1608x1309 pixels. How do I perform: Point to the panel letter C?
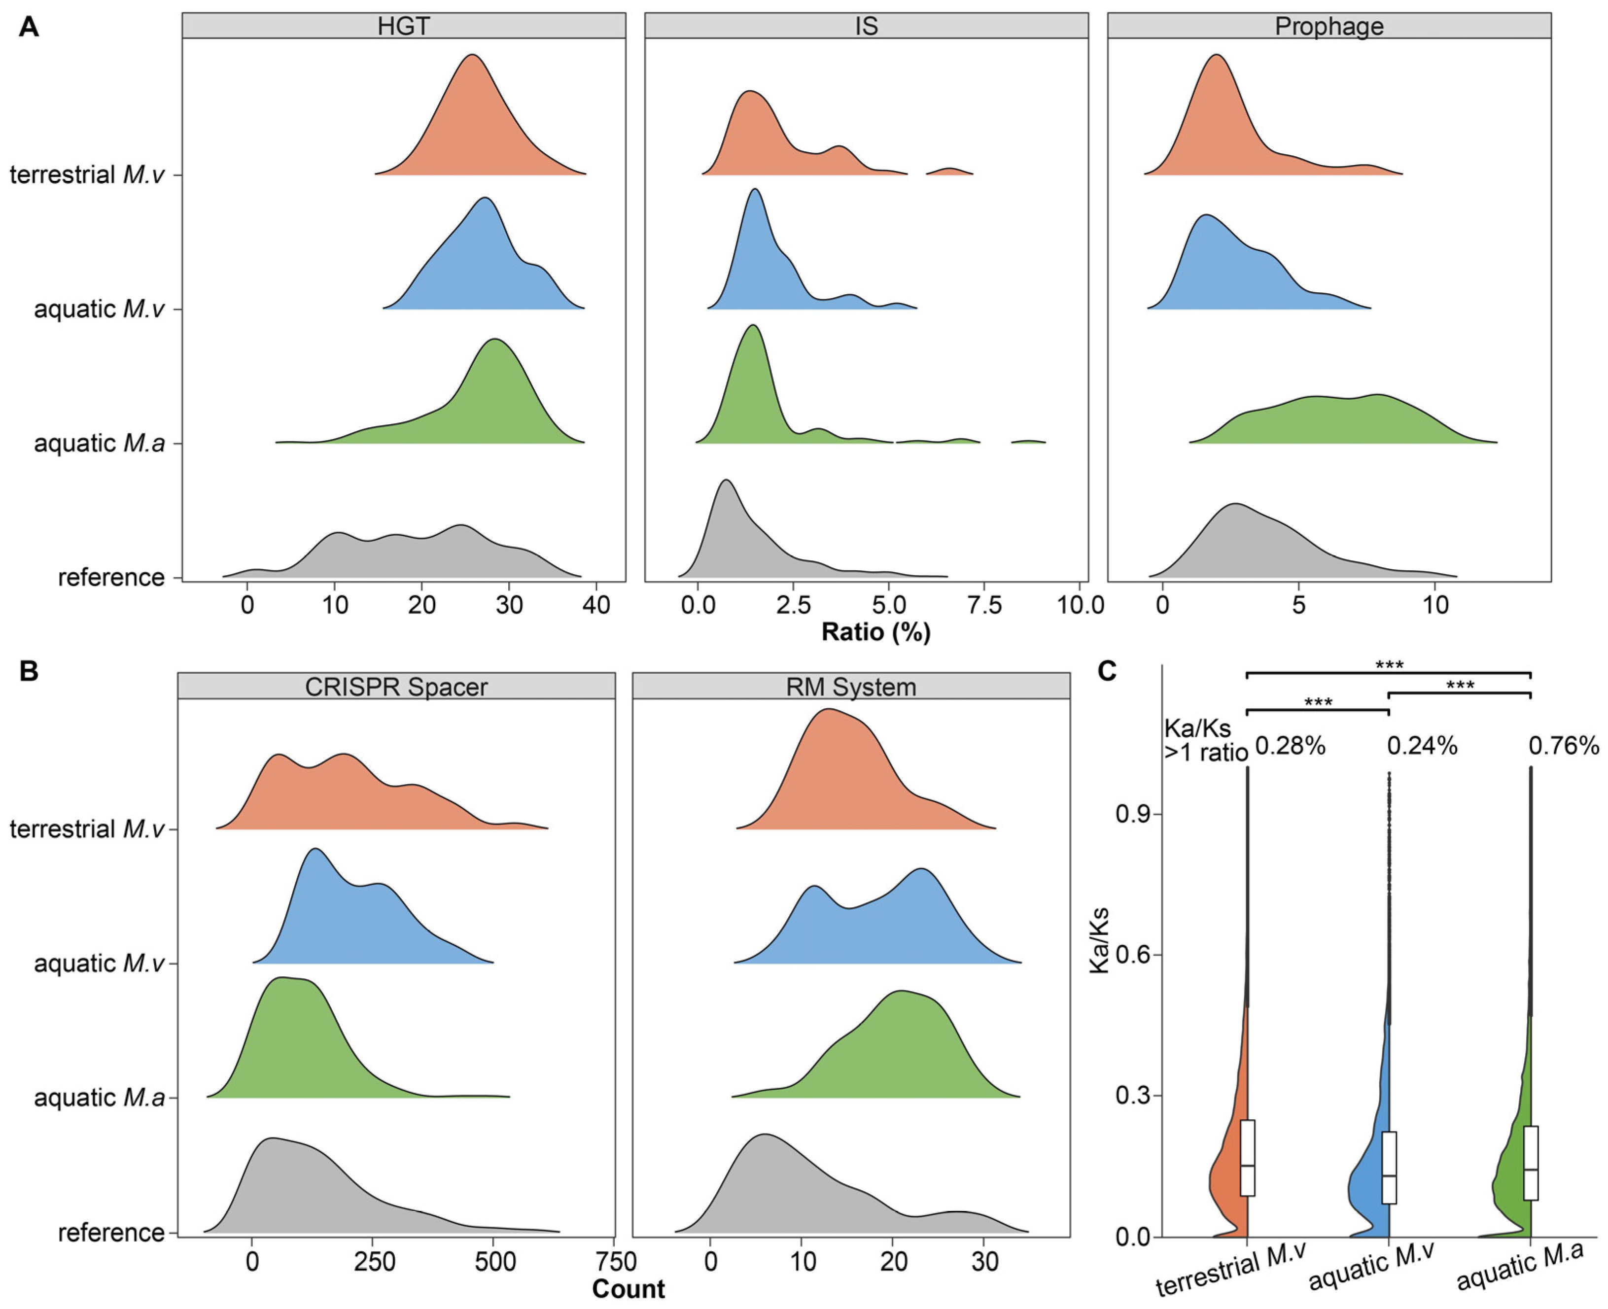1107,670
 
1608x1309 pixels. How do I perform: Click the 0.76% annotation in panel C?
1564,747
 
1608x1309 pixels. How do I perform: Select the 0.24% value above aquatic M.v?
1423,747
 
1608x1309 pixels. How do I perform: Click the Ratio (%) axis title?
875,632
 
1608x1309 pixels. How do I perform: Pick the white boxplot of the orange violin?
1248,1169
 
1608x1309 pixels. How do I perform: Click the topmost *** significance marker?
1389,665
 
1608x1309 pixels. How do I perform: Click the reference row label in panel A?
111,578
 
